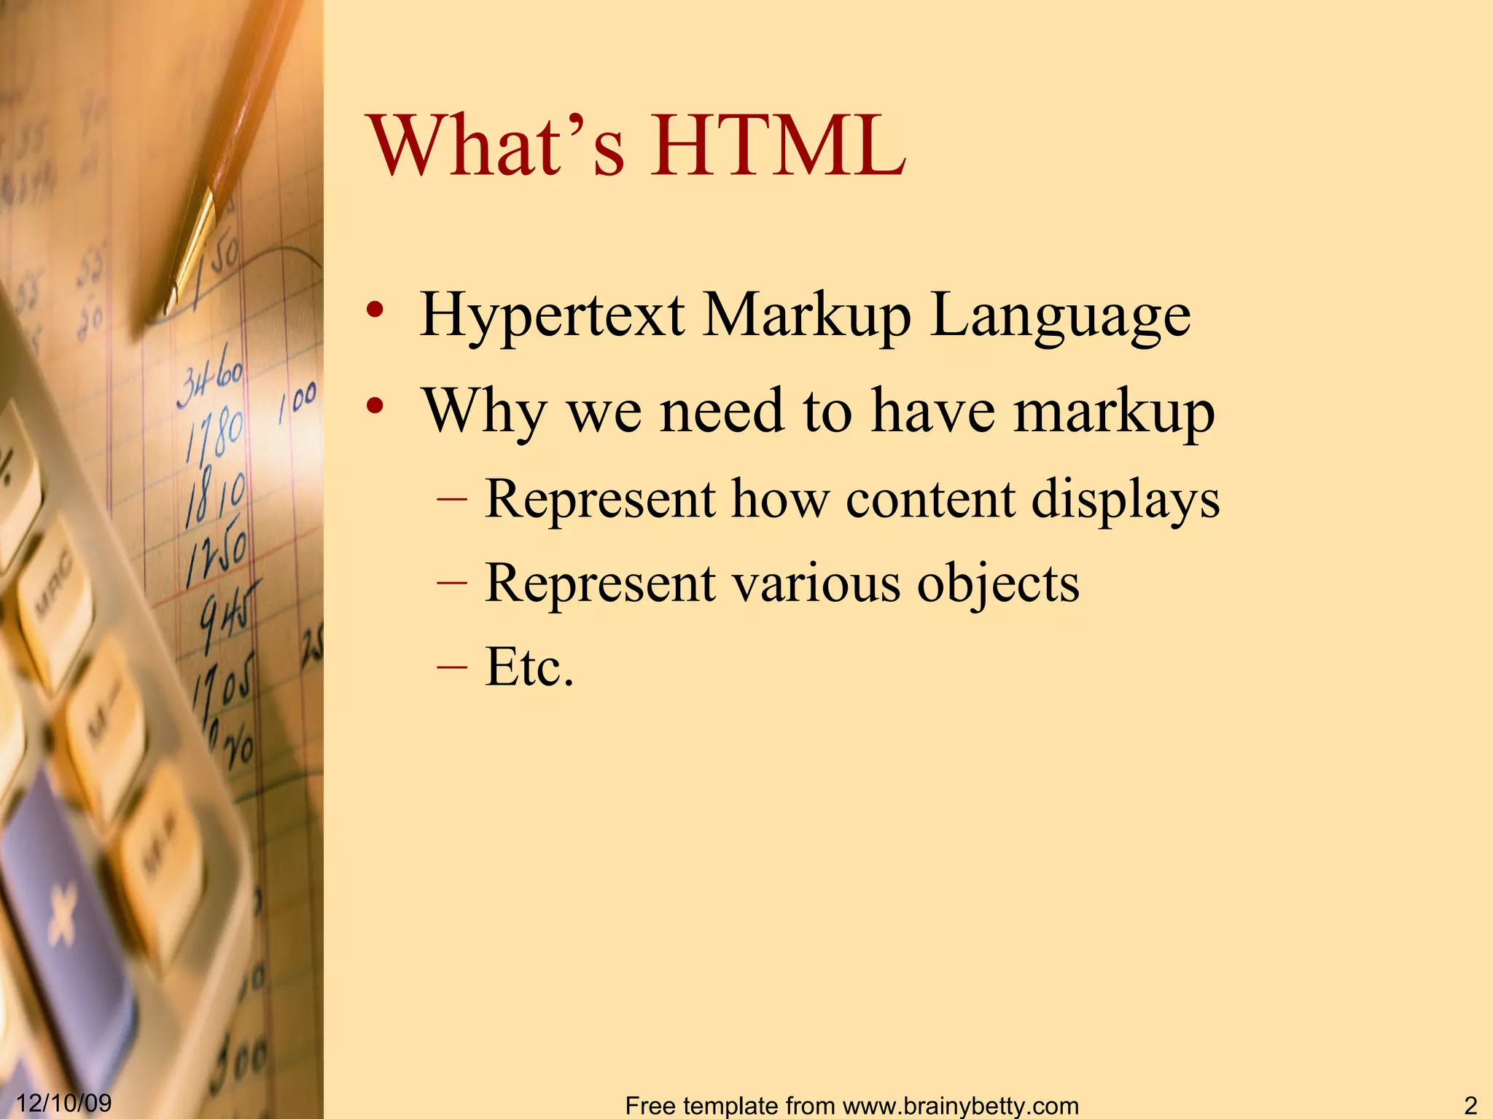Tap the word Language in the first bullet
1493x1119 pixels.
click(1061, 316)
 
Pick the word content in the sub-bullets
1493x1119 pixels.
click(930, 500)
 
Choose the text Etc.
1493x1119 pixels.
click(529, 667)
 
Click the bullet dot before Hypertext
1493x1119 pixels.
click(375, 311)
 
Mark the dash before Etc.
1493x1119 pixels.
click(451, 667)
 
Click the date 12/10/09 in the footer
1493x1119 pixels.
click(64, 1102)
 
